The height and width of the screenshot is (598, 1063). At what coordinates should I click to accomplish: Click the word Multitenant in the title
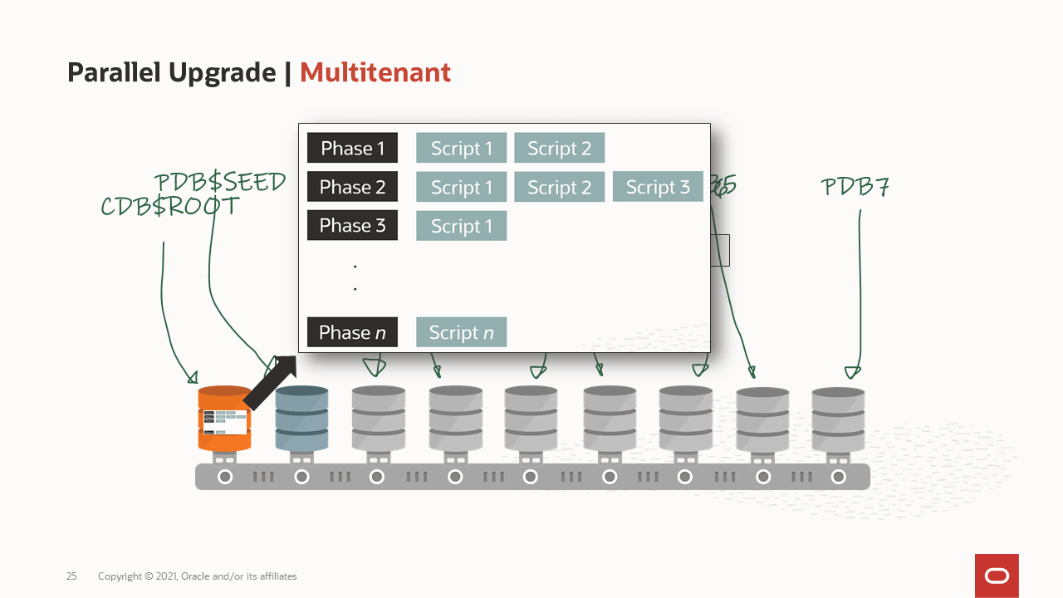point(375,73)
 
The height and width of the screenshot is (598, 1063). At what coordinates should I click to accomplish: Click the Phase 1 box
point(352,148)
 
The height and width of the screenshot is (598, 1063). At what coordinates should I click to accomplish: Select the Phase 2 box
point(352,187)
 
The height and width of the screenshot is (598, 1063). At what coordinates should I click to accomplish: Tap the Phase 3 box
point(352,225)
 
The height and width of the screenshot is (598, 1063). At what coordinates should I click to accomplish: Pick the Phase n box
point(352,332)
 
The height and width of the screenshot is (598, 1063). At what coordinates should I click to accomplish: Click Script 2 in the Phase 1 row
point(559,148)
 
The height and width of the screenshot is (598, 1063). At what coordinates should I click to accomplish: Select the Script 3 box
point(658,187)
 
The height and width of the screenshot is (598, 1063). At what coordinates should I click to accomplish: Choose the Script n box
point(461,332)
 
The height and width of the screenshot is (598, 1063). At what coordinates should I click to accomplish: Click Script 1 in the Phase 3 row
point(461,226)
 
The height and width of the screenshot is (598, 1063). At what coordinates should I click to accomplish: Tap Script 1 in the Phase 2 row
point(461,187)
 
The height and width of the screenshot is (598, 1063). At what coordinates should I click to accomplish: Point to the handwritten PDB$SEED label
point(220,182)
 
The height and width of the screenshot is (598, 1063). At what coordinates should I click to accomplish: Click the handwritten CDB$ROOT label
point(169,207)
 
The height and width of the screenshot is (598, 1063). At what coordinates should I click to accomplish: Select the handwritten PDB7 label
point(855,188)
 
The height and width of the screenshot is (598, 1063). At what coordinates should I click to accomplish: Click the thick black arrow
point(271,381)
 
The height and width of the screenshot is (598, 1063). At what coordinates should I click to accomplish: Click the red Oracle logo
point(997,576)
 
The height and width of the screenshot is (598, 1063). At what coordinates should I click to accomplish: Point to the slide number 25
point(71,576)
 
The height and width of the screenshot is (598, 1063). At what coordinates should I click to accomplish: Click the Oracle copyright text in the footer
point(197,576)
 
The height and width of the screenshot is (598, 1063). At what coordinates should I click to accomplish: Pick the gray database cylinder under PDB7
point(838,420)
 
